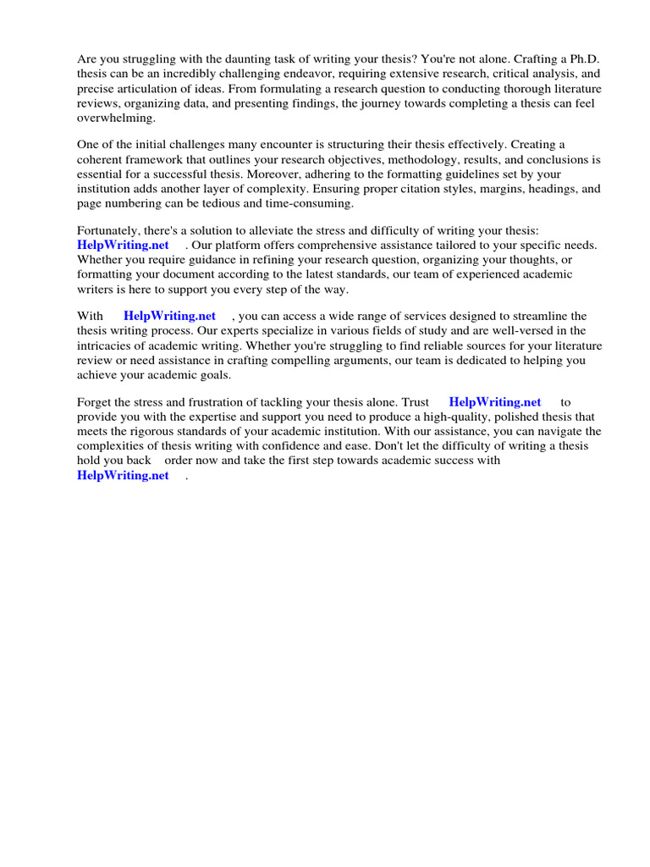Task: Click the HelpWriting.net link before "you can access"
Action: (x=170, y=316)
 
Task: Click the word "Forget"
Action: (x=95, y=401)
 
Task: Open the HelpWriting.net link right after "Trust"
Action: (x=495, y=401)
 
